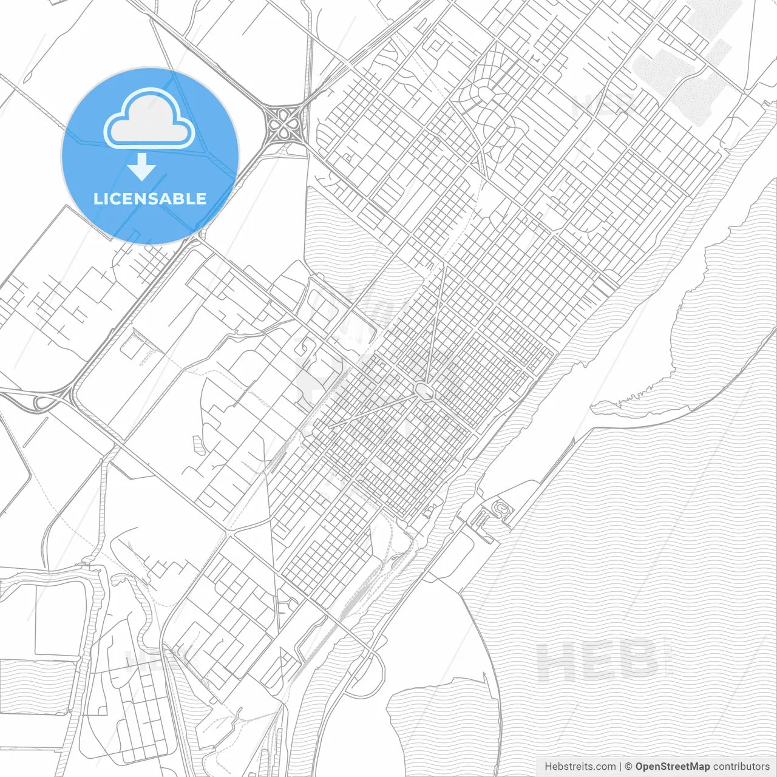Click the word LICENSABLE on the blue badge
tap(150, 198)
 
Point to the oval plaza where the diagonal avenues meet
tap(424, 391)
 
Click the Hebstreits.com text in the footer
tap(580, 766)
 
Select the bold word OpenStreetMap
tap(672, 766)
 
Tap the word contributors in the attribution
tap(741, 766)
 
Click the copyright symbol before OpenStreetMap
tap(629, 766)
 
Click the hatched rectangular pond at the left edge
tap(36, 677)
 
